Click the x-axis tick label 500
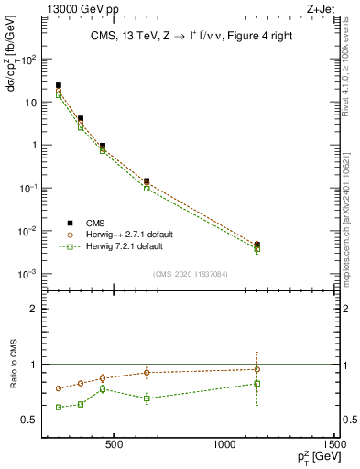(x=115, y=447)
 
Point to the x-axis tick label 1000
(x=225, y=447)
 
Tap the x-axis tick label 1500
(x=335, y=447)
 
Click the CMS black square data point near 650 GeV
(x=147, y=181)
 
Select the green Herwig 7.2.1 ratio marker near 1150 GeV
(x=257, y=383)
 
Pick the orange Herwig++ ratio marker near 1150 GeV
(x=257, y=369)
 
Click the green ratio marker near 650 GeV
(x=147, y=398)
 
